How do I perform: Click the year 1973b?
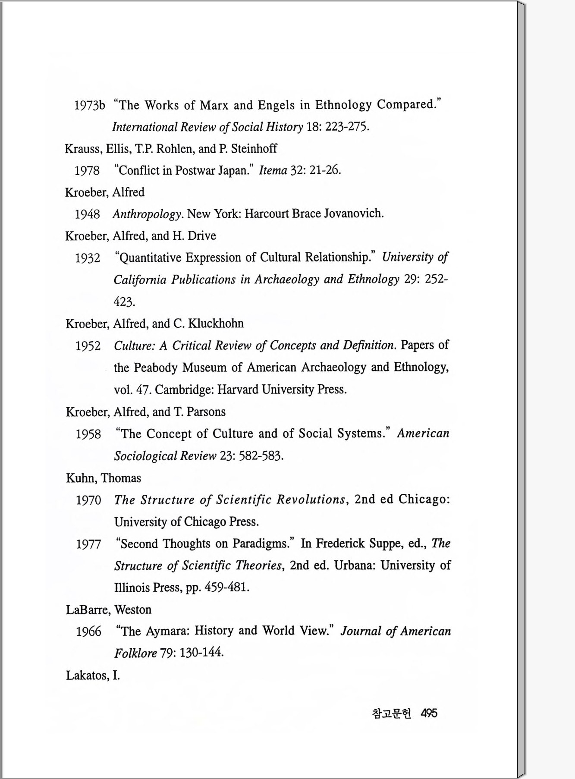click(x=89, y=106)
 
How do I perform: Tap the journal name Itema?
click(x=273, y=170)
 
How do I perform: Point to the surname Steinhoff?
click(x=254, y=149)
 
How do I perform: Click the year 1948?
click(x=87, y=214)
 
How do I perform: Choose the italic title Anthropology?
click(x=147, y=214)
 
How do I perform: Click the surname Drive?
click(x=201, y=236)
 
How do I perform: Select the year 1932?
click(x=88, y=258)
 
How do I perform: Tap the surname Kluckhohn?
click(x=220, y=324)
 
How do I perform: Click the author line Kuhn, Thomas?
click(x=104, y=478)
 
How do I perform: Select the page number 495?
click(x=429, y=713)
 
